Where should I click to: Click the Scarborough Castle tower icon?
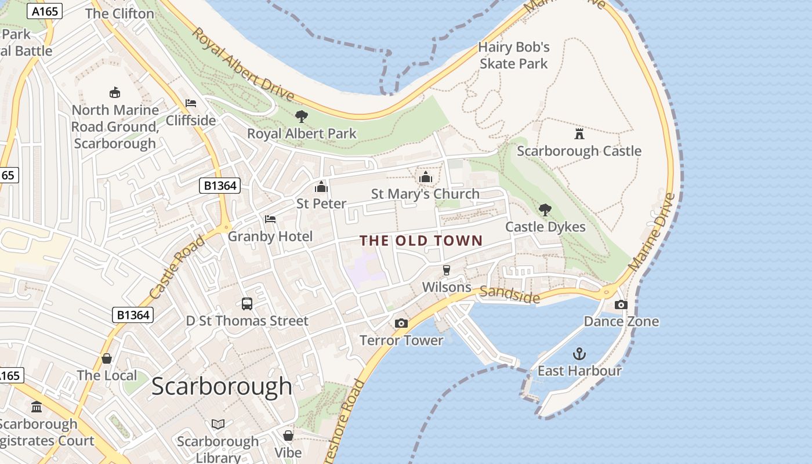579,134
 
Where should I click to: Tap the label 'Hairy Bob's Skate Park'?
513,55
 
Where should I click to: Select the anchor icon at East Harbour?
579,353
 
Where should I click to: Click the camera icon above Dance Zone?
621,304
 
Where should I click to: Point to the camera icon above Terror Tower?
401,323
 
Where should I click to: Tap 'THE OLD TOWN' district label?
421,240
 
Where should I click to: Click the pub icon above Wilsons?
446,270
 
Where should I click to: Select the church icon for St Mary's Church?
426,176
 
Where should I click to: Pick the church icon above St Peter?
321,186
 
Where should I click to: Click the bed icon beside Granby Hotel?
270,219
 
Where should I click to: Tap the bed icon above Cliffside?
190,103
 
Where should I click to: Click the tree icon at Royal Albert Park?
301,116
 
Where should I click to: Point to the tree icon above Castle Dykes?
545,209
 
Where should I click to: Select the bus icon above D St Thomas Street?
246,303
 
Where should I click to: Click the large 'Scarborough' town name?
222,386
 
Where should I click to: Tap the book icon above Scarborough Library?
218,425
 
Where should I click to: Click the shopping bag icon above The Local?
107,358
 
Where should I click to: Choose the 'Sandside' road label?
509,295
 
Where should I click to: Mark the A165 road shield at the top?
44,11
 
